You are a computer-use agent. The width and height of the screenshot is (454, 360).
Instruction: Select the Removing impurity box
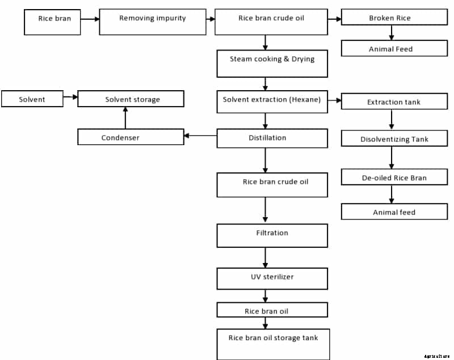(x=153, y=21)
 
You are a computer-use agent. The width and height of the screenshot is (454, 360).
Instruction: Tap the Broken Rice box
(x=394, y=18)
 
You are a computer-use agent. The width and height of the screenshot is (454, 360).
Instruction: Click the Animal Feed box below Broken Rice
(x=394, y=49)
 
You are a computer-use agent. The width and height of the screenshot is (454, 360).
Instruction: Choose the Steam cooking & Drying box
(x=272, y=63)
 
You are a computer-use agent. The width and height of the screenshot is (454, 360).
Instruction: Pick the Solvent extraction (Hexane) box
(x=272, y=100)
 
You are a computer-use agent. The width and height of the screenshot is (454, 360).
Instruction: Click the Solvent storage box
(x=131, y=99)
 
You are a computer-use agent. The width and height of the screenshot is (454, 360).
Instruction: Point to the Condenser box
(x=131, y=137)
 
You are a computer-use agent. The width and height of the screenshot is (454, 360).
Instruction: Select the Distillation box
(x=272, y=138)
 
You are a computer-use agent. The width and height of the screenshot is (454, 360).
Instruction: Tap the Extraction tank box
(x=394, y=102)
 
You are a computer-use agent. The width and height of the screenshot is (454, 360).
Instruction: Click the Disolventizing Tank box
(x=394, y=139)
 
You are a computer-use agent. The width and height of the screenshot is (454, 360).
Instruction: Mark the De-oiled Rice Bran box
(x=394, y=177)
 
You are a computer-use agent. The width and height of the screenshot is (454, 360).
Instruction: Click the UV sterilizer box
(x=272, y=278)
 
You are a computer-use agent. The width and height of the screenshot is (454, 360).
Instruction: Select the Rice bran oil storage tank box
(x=272, y=343)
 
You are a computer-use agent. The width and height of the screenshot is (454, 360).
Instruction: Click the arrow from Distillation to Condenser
(x=200, y=135)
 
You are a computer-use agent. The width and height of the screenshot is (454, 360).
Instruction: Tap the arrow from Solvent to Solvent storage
(x=70, y=97)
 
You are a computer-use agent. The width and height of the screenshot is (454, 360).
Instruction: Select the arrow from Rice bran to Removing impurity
(x=90, y=19)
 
